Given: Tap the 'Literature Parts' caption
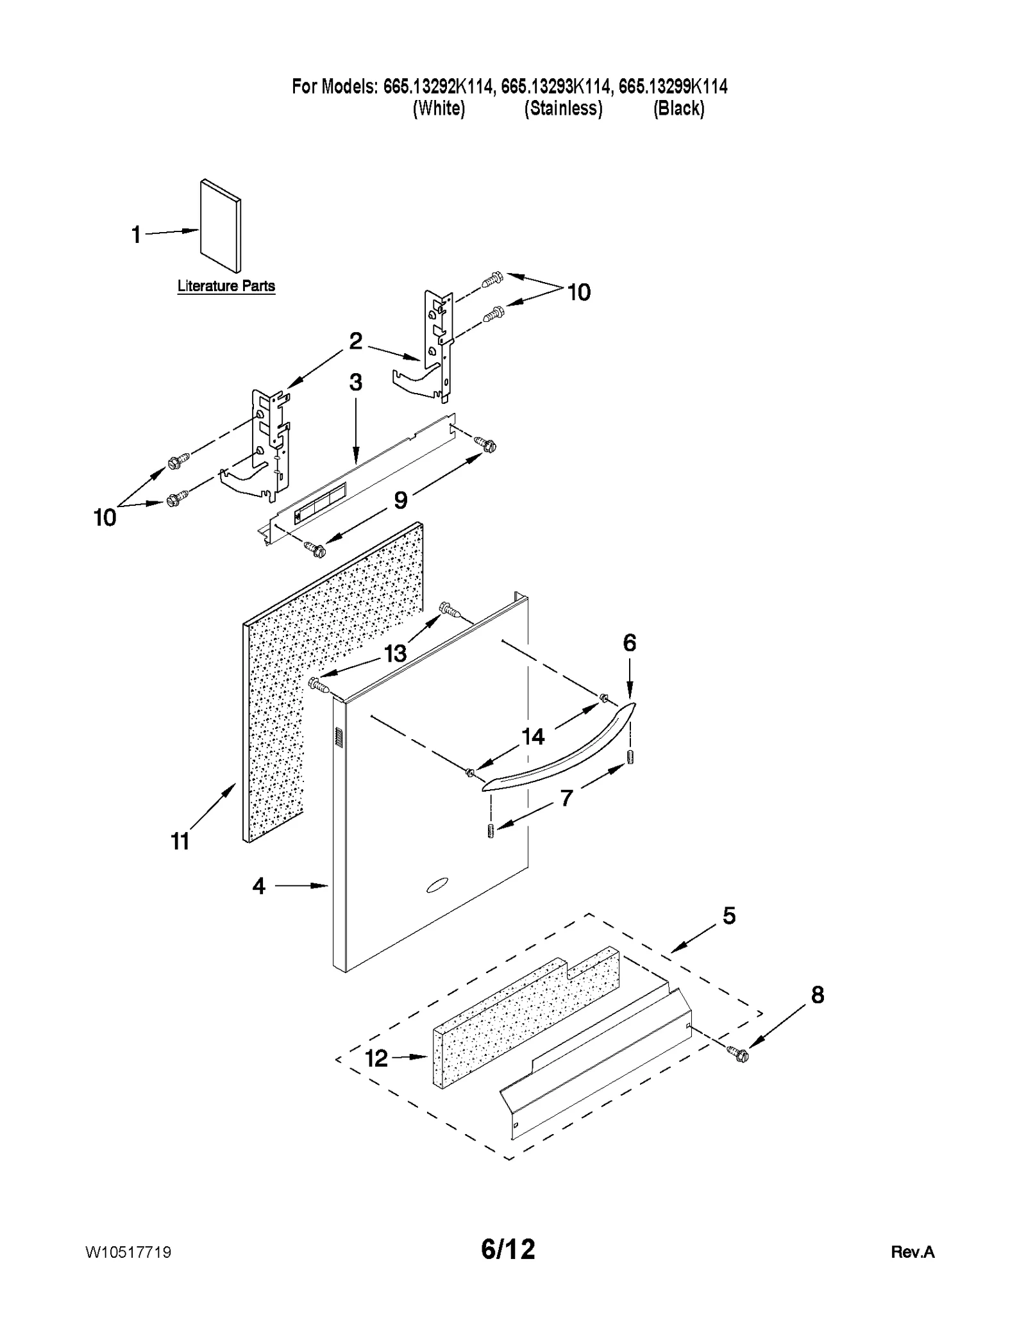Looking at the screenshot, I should (x=226, y=286).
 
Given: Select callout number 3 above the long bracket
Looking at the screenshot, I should (x=355, y=382).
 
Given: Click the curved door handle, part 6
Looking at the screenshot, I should (x=558, y=747).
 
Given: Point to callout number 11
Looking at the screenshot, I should (x=180, y=840).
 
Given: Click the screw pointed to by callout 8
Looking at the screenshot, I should (x=739, y=1053).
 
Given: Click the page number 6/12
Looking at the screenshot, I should (x=508, y=1249).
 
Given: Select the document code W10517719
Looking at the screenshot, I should (x=128, y=1252).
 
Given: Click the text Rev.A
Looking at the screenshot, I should (x=912, y=1252).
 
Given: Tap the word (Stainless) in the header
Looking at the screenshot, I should (x=563, y=108).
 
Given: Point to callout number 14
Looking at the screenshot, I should (x=533, y=737).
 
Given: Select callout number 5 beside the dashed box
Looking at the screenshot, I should (x=729, y=915).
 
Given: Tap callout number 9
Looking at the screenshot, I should (x=400, y=500).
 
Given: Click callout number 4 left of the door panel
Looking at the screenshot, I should (x=258, y=886).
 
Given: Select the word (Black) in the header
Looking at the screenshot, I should (x=678, y=108).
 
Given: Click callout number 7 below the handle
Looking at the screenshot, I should (x=566, y=798).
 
